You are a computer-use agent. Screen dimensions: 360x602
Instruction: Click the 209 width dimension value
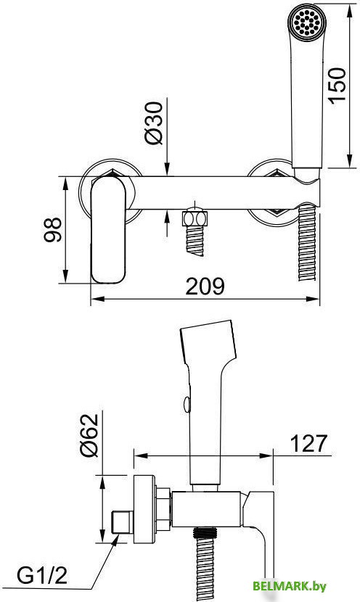(205, 286)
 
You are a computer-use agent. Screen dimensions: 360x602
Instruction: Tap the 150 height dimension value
(337, 86)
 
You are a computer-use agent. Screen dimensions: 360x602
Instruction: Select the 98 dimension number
(53, 230)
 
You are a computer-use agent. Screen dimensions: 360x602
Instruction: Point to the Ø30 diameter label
(154, 123)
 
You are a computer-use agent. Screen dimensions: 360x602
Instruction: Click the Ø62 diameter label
(89, 435)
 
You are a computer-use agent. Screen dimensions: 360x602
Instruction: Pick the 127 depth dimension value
(308, 443)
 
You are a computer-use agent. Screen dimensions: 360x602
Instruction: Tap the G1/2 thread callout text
(42, 575)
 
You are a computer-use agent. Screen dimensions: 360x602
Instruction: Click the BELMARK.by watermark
(290, 586)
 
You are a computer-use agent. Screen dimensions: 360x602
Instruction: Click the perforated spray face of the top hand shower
(306, 22)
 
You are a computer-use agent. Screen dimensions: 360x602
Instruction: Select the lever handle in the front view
(108, 230)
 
